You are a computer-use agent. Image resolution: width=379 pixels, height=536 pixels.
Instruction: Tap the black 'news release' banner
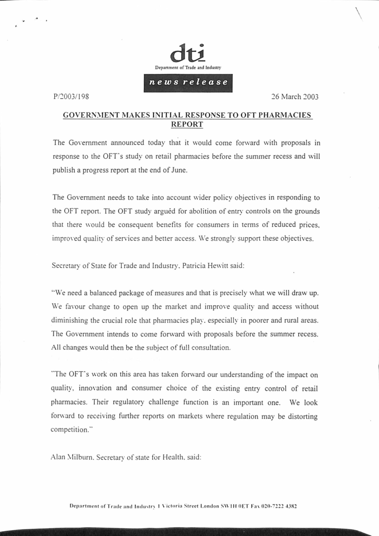click(188, 83)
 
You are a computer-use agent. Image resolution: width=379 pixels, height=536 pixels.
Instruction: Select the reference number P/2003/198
click(71, 97)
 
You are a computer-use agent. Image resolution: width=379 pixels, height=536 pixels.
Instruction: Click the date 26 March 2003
click(295, 97)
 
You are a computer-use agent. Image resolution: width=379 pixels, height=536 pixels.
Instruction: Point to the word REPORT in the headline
click(187, 124)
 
